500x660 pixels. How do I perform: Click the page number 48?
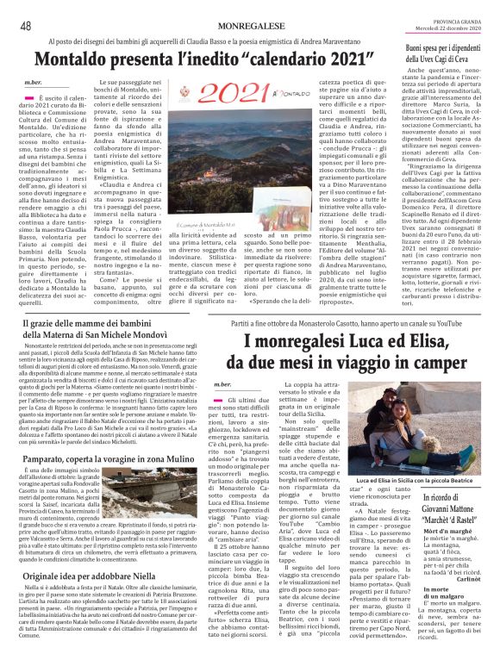(x=26, y=26)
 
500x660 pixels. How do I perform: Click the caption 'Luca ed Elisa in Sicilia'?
(x=426, y=481)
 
